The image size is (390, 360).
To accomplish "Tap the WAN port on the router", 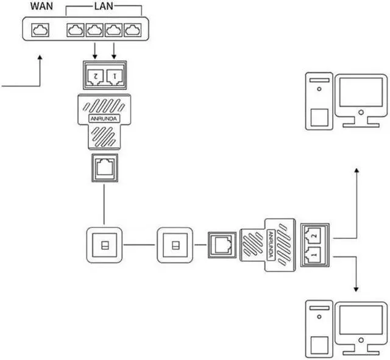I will click(40, 30).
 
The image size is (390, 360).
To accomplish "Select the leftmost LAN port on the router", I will click(76, 30).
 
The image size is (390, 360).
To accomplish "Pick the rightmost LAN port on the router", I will click(132, 30).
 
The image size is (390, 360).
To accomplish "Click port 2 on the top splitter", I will click(94, 76).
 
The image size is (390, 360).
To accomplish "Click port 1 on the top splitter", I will click(114, 76).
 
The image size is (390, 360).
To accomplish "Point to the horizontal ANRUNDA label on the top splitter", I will click(104, 118).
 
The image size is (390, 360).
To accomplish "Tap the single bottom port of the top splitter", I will click(104, 166).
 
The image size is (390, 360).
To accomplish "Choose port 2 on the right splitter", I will click(313, 233).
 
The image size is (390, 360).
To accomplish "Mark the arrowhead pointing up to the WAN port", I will click(40, 58).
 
